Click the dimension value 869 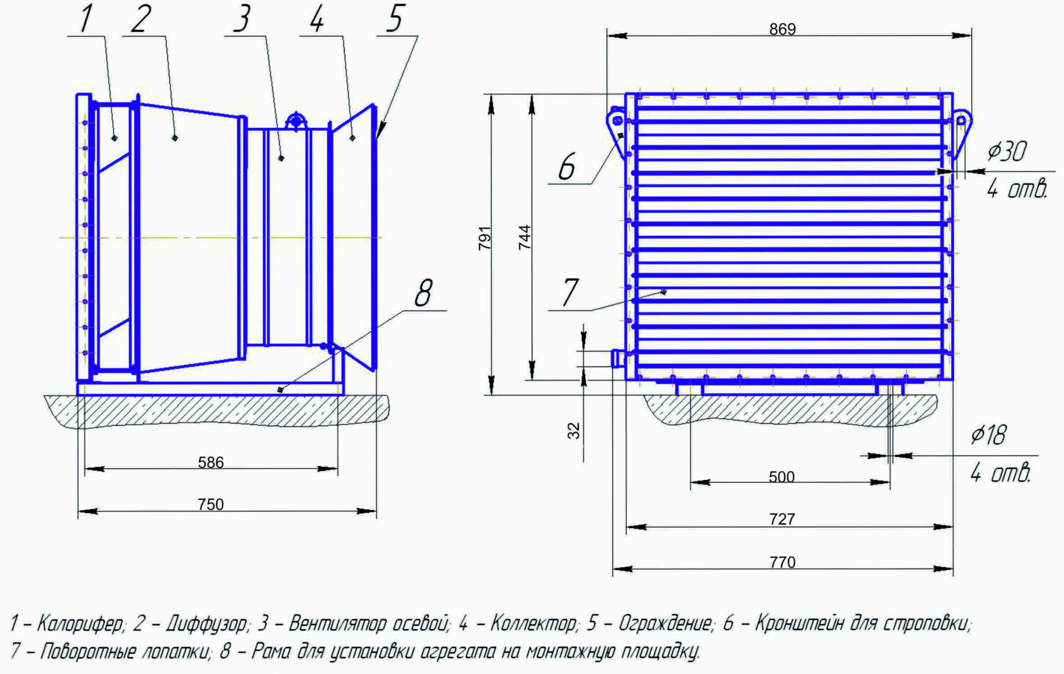point(782,29)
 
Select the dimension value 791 point(484,238)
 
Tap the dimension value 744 point(525,237)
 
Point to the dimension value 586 point(211,462)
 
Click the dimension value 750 point(211,504)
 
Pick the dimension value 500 point(782,477)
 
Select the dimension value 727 point(782,519)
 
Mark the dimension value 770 point(782,562)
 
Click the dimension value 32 point(573,431)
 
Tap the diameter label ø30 point(1007,151)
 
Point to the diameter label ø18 point(988,435)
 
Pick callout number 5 point(395,18)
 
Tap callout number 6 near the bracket point(567,166)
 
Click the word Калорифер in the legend point(80,623)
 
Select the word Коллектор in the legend point(533,623)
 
